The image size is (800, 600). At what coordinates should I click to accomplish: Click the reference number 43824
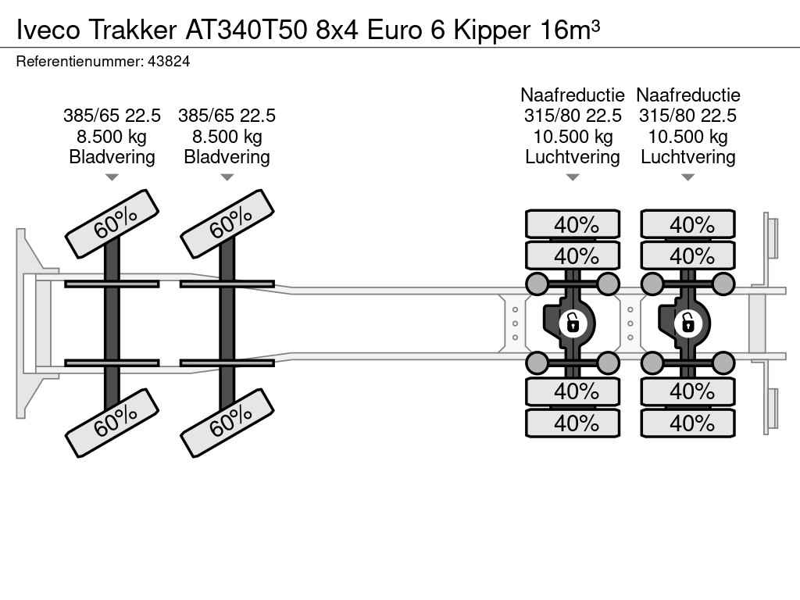point(168,61)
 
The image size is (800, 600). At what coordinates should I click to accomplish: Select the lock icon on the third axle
point(573,322)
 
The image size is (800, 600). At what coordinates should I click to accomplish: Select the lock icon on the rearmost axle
point(688,322)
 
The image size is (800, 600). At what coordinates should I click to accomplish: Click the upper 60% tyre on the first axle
point(112,223)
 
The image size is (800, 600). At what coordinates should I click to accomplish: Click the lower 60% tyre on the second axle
point(227,423)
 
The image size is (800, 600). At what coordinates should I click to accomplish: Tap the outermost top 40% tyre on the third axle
point(573,225)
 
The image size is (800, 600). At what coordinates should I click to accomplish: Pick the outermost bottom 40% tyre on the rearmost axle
point(688,423)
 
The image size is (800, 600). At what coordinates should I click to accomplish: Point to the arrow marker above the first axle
point(112,177)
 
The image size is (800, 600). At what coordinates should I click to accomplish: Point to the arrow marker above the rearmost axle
point(688,177)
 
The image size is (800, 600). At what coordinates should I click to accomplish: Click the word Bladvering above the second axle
point(227,157)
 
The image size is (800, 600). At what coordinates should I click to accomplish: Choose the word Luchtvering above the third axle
point(573,157)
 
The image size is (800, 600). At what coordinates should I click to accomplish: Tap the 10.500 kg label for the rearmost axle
point(688,137)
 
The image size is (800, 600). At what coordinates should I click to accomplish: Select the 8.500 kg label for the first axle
point(112,137)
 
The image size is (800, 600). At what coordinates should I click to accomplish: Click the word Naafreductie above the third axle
point(573,95)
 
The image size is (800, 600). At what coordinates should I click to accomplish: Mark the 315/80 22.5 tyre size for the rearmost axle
point(688,116)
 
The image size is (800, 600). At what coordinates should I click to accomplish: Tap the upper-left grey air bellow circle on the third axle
point(537,283)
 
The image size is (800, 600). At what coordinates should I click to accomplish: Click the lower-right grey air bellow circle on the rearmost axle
point(724,362)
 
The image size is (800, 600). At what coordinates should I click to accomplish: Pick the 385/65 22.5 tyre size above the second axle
point(227,116)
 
